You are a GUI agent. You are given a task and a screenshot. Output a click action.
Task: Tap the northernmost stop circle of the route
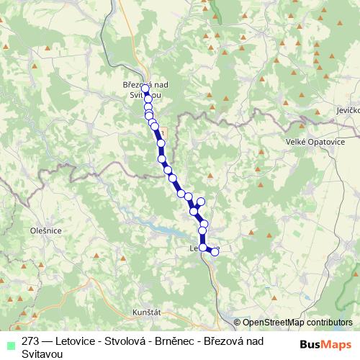[145, 89]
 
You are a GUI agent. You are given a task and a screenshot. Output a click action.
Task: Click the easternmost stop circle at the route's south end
[214, 252]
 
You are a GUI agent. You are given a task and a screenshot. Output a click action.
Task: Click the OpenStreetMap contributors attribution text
[297, 323]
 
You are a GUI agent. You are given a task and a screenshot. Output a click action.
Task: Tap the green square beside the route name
[8, 343]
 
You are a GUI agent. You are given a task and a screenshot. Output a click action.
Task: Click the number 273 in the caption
[31, 342]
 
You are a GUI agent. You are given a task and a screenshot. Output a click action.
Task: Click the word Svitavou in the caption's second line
[42, 354]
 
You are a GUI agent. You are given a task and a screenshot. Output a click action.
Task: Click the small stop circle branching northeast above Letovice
[201, 202]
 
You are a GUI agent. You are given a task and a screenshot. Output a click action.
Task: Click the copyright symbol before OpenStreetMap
[237, 323]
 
